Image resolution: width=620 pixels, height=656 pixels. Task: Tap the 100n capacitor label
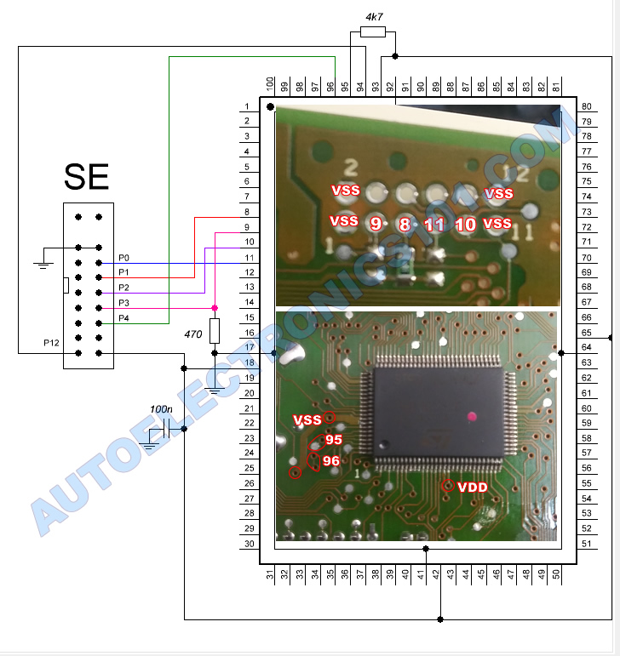point(160,409)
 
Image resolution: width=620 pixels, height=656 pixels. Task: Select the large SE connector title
point(86,177)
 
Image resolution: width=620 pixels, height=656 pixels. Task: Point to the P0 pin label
point(125,257)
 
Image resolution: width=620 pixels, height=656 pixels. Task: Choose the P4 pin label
point(125,318)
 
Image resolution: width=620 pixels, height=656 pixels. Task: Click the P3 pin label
point(125,303)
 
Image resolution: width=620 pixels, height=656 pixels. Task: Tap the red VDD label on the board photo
point(473,488)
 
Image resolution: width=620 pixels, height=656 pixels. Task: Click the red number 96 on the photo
point(331,460)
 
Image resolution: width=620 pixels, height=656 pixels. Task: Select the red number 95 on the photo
point(333,440)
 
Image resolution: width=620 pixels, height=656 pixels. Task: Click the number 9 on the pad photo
point(375,224)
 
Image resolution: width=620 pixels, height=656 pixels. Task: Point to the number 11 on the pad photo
point(434,225)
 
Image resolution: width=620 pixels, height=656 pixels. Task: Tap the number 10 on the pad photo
point(465,225)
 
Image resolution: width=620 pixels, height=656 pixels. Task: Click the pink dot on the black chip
point(470,416)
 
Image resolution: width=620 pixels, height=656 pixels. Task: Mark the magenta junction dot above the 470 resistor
point(215,308)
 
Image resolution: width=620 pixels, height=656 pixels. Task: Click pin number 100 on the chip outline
point(270,84)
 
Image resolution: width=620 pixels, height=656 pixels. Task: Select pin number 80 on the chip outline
point(586,106)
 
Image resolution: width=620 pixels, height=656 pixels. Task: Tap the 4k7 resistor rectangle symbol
point(373,32)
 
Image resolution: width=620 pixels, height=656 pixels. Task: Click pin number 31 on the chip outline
point(270,577)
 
